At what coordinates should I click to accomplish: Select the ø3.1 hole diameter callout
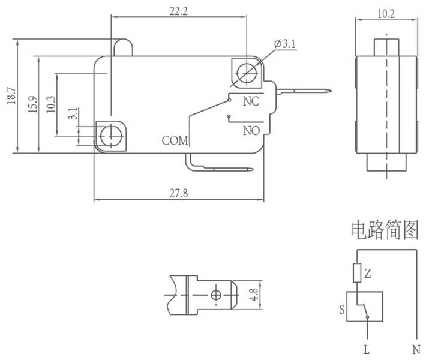pos(285,44)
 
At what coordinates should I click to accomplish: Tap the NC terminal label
pos(251,101)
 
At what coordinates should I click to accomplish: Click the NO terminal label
pos(251,130)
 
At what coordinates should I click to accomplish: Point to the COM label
pos(175,142)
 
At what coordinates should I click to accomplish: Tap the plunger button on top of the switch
pos(122,47)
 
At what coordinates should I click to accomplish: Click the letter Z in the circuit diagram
pos(368,274)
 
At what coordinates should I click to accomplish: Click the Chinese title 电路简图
pos(384,230)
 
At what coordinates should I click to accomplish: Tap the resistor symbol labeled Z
pos(357,273)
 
